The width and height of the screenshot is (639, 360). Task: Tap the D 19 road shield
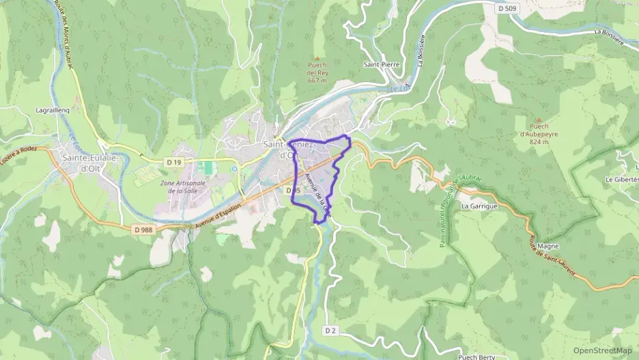pyautogui.click(x=174, y=163)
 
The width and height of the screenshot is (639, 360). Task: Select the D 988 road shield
pyautogui.click(x=143, y=230)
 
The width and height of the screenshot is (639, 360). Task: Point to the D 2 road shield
pyautogui.click(x=331, y=331)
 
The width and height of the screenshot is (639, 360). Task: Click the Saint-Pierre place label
pyautogui.click(x=381, y=66)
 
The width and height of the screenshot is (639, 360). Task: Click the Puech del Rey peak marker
pyautogui.click(x=316, y=59)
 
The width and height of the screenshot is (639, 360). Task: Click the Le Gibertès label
pyautogui.click(x=621, y=179)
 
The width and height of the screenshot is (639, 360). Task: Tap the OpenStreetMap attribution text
pyautogui.click(x=603, y=350)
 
